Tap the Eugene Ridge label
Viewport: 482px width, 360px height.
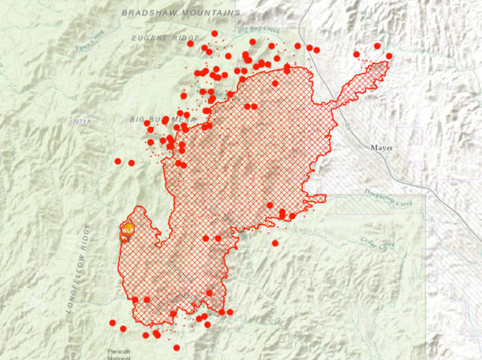point(165,38)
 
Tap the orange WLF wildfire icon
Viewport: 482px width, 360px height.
point(127,231)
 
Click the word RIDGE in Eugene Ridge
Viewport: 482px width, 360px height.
point(186,38)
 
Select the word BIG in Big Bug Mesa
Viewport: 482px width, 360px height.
point(138,120)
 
